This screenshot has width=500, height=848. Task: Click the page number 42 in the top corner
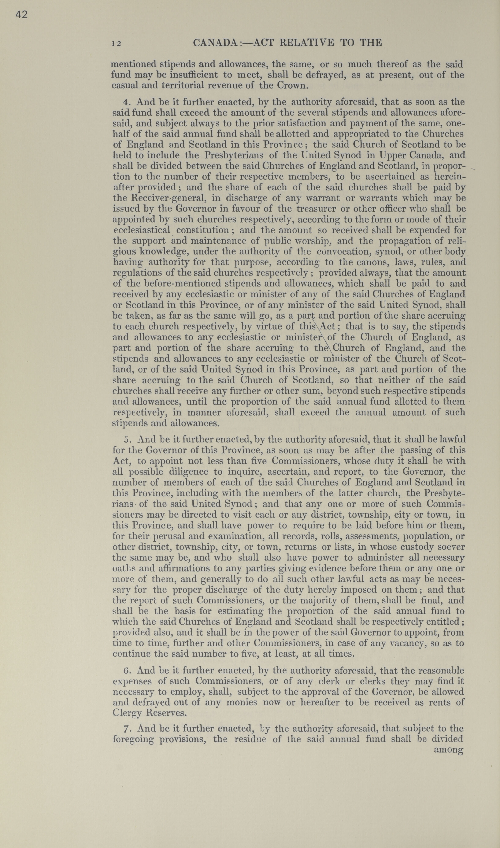(21, 15)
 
